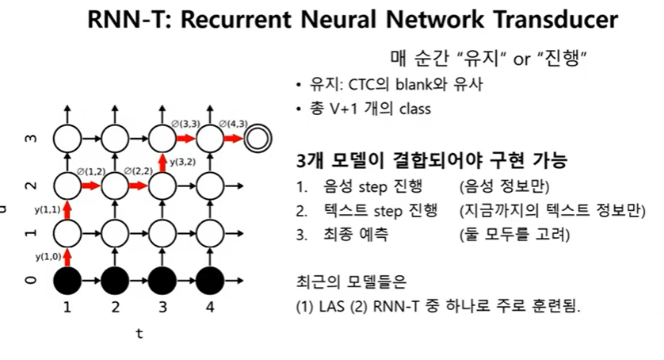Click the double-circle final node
coord(257,139)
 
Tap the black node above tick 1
coord(67,279)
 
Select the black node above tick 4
coord(209,279)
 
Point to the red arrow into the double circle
coord(233,139)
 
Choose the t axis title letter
coord(139,334)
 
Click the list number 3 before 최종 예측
coord(301,235)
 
